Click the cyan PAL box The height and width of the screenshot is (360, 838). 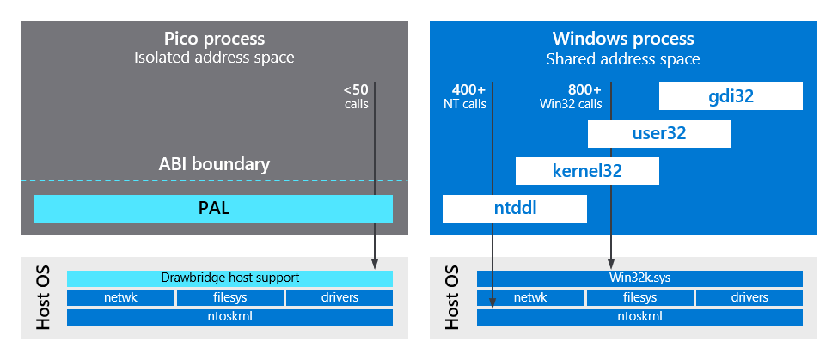213,209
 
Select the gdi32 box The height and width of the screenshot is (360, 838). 731,96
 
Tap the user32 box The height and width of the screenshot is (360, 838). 659,134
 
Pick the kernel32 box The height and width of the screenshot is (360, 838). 587,171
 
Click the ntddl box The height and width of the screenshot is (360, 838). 515,209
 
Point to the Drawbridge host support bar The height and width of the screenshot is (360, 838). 229,278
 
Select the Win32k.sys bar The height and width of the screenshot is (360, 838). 639,278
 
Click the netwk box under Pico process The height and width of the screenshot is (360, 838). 120,297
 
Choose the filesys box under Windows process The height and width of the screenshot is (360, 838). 639,297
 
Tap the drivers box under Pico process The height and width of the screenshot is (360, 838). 339,297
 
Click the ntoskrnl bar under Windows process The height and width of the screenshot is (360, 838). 639,317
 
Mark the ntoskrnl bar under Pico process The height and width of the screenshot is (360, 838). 229,317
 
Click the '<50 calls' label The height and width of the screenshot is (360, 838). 355,96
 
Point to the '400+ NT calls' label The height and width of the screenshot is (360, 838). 468,96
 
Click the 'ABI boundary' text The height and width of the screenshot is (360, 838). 214,164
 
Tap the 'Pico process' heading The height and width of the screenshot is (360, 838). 214,40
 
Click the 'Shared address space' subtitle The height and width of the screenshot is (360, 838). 623,59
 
